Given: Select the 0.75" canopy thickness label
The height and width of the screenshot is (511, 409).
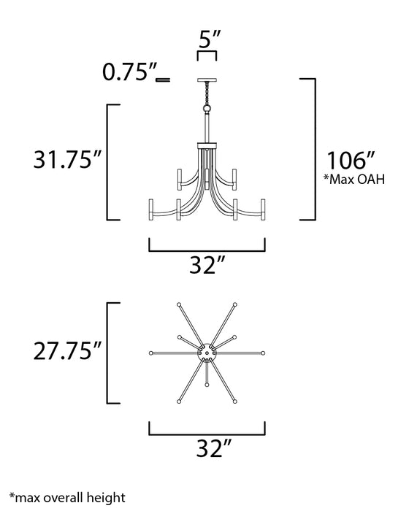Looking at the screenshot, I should (130, 73).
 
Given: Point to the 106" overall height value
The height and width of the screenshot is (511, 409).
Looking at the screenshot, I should (353, 158).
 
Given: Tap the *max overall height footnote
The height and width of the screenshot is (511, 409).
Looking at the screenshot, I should (72, 497).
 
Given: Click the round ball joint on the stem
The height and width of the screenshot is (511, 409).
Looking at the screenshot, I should (207, 108).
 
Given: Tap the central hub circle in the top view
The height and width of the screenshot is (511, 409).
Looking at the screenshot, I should (207, 353).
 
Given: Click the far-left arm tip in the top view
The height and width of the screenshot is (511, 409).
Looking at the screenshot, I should (150, 353).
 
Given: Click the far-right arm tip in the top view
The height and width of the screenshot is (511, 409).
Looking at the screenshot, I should (264, 353).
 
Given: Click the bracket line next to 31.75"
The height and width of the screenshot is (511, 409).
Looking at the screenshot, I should (109, 161).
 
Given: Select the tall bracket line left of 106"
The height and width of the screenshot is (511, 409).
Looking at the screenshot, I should (316, 148).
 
